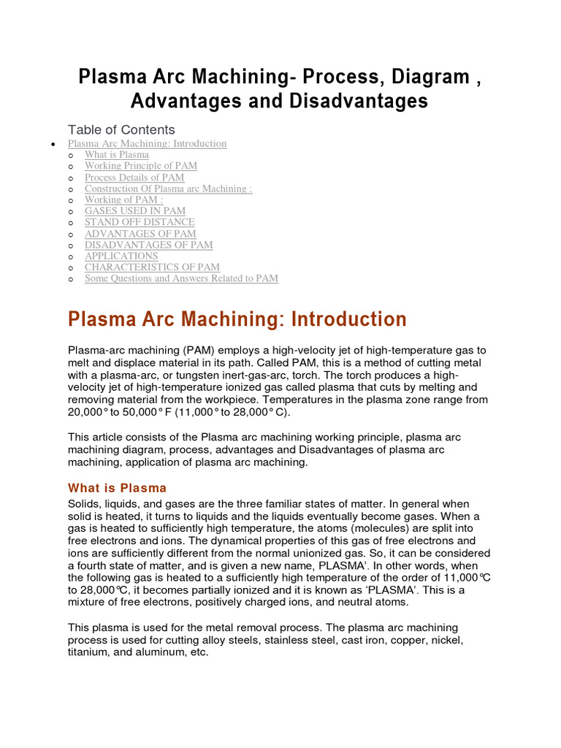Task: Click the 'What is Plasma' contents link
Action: click(117, 155)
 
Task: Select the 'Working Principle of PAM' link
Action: click(141, 166)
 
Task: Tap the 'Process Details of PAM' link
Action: click(134, 178)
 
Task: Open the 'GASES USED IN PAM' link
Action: click(135, 211)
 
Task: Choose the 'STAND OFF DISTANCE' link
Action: click(140, 222)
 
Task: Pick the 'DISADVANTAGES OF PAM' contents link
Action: click(149, 245)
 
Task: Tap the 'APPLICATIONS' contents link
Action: click(121, 256)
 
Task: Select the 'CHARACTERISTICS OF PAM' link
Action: click(152, 267)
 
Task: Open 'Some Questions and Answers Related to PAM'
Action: click(181, 278)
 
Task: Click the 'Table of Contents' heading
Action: click(121, 130)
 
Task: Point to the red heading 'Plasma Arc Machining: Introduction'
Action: click(237, 319)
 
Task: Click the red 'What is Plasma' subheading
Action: click(117, 488)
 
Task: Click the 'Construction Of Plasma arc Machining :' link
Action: click(168, 188)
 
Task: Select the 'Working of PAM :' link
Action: click(123, 200)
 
